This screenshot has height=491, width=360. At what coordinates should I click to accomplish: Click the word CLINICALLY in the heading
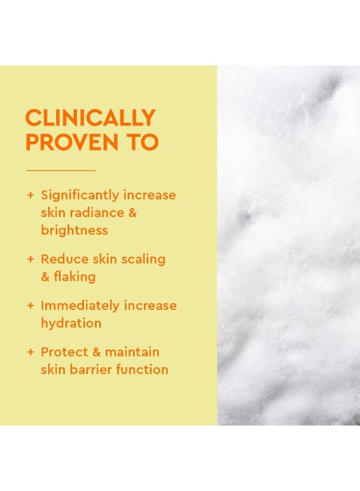tap(91, 118)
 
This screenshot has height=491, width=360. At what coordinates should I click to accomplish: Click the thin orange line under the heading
tap(61, 170)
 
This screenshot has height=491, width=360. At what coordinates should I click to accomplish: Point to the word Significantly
tap(80, 195)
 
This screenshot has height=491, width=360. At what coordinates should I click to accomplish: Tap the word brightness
tap(74, 230)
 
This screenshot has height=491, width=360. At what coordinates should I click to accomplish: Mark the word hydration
tap(71, 323)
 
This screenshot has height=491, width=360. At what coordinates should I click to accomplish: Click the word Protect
tap(62, 352)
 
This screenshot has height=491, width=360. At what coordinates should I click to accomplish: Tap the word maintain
tap(132, 352)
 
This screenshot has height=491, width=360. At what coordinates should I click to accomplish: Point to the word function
tap(143, 369)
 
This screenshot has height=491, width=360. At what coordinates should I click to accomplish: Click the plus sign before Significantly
tap(31, 195)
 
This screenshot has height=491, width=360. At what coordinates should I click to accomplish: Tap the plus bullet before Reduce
tap(31, 259)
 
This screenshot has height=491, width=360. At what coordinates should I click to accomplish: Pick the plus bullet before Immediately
tap(31, 306)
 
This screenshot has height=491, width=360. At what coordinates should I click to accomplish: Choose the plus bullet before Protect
tap(31, 352)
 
